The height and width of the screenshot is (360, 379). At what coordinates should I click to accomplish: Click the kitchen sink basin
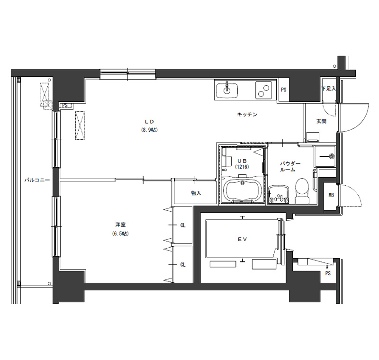pyautogui.click(x=227, y=90)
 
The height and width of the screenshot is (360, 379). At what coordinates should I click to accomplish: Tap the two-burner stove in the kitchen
pyautogui.click(x=263, y=90)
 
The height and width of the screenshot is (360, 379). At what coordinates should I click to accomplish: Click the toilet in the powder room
pyautogui.click(x=302, y=191)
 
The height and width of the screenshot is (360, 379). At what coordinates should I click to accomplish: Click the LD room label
pyautogui.click(x=150, y=122)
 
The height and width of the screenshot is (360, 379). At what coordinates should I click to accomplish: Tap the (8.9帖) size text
pyautogui.click(x=150, y=130)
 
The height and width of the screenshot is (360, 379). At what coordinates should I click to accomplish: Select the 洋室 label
pyautogui.click(x=120, y=225)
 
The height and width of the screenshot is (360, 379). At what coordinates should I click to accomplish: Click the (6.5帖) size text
pyautogui.click(x=120, y=234)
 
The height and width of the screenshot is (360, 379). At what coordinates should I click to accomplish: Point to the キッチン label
pyautogui.click(x=247, y=115)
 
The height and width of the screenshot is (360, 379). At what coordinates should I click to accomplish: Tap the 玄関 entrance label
pyautogui.click(x=322, y=121)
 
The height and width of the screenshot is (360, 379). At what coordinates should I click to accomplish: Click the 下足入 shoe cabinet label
pyautogui.click(x=328, y=89)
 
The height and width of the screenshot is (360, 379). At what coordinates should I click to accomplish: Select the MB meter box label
pyautogui.click(x=331, y=195)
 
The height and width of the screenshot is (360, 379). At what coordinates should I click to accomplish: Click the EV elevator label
pyautogui.click(x=242, y=239)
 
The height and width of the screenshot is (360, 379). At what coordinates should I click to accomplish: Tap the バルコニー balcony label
pyautogui.click(x=37, y=180)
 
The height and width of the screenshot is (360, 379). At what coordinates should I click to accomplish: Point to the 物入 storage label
pyautogui.click(x=196, y=193)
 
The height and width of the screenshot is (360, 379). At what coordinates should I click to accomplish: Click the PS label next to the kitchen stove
pyautogui.click(x=283, y=90)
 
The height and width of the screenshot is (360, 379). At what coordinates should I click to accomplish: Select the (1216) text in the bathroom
pyautogui.click(x=242, y=167)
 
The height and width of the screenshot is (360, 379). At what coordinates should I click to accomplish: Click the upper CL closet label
pyautogui.click(x=183, y=225)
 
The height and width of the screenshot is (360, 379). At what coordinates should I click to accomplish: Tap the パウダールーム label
pyautogui.click(x=290, y=167)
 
